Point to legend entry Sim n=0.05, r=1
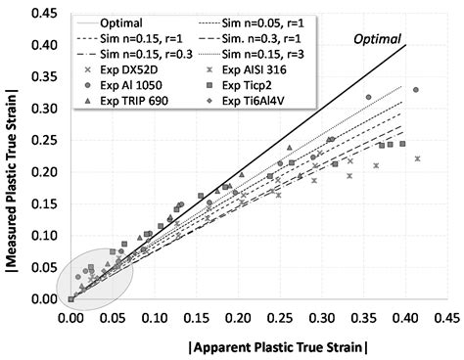point(256,22)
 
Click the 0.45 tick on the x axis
point(447,318)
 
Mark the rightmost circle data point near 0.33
point(416,90)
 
